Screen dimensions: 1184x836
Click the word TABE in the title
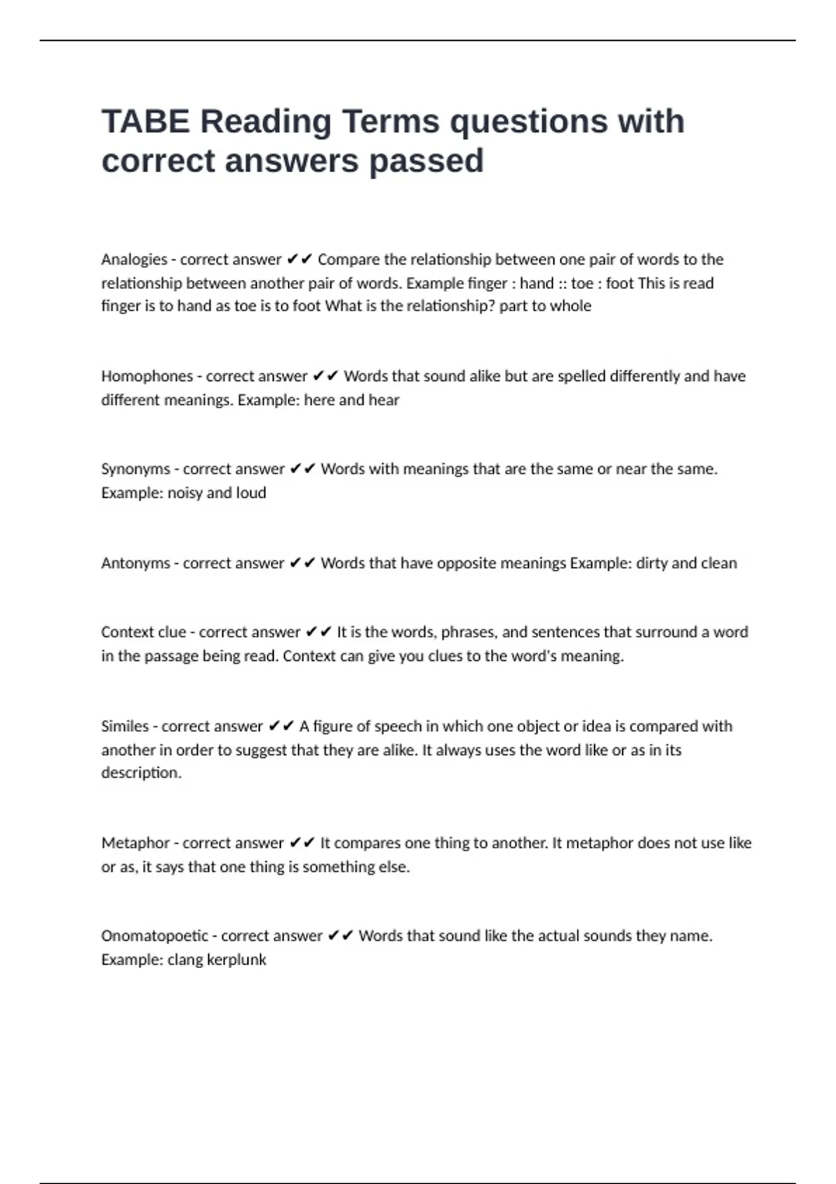tap(145, 121)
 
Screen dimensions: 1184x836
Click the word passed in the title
tap(426, 161)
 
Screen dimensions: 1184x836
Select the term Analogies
tap(134, 260)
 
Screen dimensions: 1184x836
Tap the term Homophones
tap(147, 376)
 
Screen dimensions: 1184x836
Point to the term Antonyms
tap(135, 563)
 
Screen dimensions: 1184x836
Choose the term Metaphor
tap(135, 843)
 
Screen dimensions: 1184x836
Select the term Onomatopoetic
tap(155, 936)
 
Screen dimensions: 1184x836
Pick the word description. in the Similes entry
tap(141, 773)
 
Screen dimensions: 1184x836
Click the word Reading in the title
tap(265, 121)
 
